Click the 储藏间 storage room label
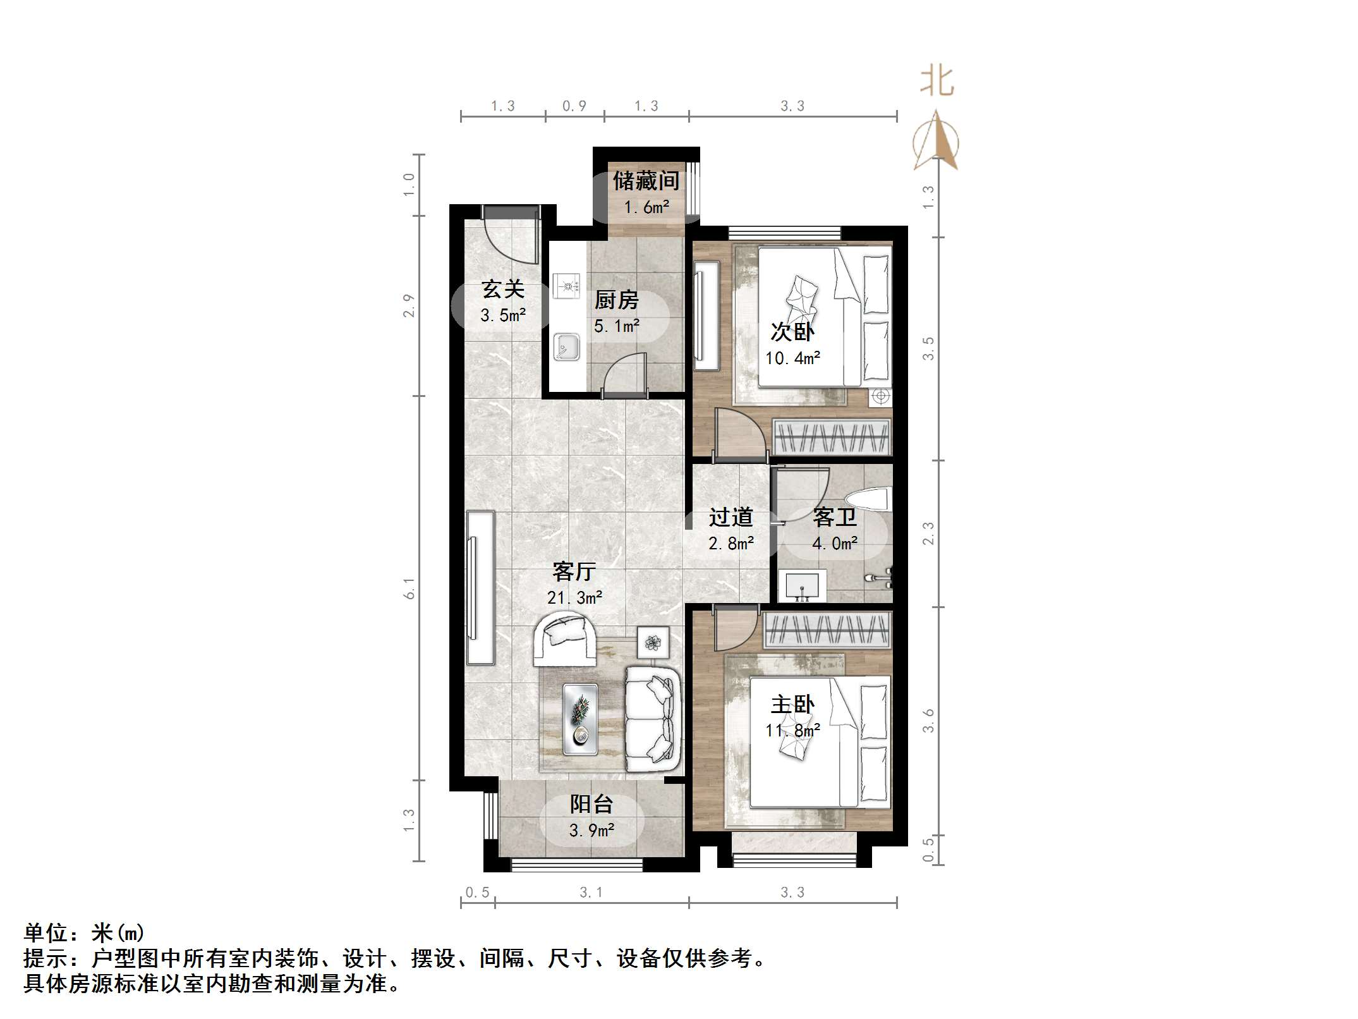pyautogui.click(x=646, y=181)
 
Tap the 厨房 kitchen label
pyautogui.click(x=616, y=300)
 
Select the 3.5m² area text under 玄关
pyautogui.click(x=503, y=315)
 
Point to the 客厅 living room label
pyautogui.click(x=574, y=571)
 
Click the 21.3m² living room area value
pyautogui.click(x=574, y=597)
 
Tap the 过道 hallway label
pyautogui.click(x=731, y=517)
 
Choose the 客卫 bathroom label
pyautogui.click(x=835, y=517)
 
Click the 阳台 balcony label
pyautogui.click(x=591, y=804)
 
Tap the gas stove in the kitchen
pyautogui.click(x=566, y=286)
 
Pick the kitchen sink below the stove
pyautogui.click(x=566, y=347)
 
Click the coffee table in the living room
pyautogui.click(x=580, y=719)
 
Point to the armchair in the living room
pyautogui.click(x=564, y=640)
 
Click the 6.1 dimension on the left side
pyautogui.click(x=409, y=589)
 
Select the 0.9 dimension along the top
pyautogui.click(x=574, y=106)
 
